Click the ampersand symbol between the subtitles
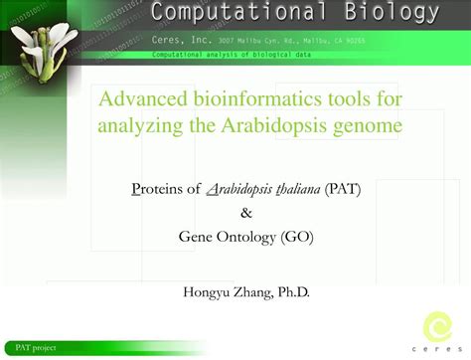pyautogui.click(x=246, y=212)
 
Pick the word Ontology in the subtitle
pyautogui.click(x=246, y=236)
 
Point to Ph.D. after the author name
pyautogui.click(x=291, y=291)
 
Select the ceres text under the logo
pyautogui.click(x=437, y=349)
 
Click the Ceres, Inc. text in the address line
pyautogui.click(x=179, y=41)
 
